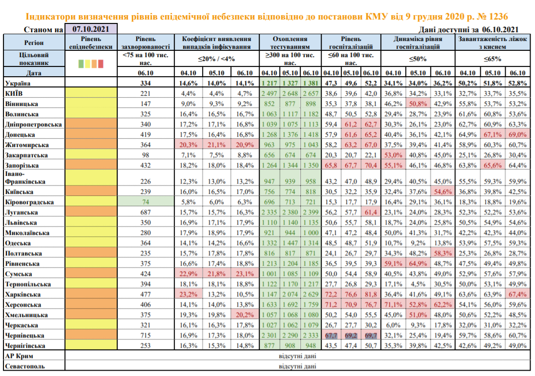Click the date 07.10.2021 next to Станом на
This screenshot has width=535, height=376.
coord(91,29)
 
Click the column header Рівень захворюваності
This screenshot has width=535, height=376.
coord(147,42)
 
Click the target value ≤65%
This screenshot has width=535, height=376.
coord(493,59)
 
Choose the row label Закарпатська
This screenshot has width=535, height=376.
coord(26,155)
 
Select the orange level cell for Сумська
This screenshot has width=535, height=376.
coord(90,274)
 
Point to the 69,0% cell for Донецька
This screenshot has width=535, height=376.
coord(517,134)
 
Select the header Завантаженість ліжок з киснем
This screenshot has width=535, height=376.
coord(493,42)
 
